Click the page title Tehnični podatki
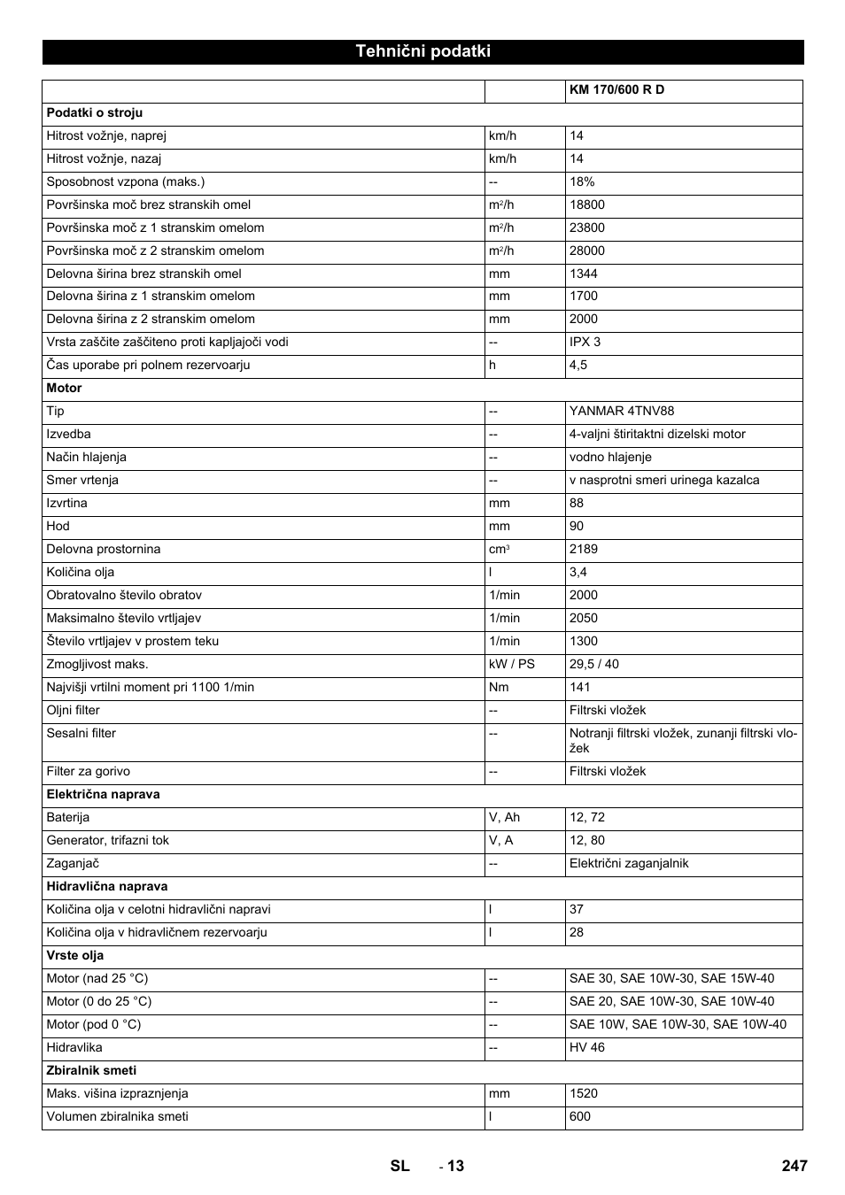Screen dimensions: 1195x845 (422, 51)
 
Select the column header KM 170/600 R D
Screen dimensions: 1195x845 (616, 90)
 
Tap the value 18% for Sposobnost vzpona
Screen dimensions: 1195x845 (582, 181)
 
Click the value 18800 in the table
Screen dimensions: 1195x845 (587, 204)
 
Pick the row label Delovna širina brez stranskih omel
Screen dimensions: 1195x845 (143, 274)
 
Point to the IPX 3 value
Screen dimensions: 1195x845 (585, 342)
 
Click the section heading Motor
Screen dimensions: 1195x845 (64, 388)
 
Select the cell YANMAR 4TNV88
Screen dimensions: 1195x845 (621, 411)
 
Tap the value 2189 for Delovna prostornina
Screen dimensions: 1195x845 (584, 549)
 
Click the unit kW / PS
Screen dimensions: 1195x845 (512, 664)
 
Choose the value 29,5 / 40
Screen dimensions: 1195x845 (594, 664)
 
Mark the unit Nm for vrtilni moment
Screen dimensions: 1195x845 (499, 687)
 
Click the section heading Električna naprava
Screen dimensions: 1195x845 (103, 794)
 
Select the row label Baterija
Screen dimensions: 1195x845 (68, 817)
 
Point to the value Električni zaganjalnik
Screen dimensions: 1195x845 (629, 863)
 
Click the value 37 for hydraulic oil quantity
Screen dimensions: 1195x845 (577, 909)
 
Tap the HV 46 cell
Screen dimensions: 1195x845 (587, 1047)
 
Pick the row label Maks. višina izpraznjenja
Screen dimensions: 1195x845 (117, 1093)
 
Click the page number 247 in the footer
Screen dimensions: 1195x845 (795, 1166)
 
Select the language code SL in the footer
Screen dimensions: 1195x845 (399, 1166)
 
